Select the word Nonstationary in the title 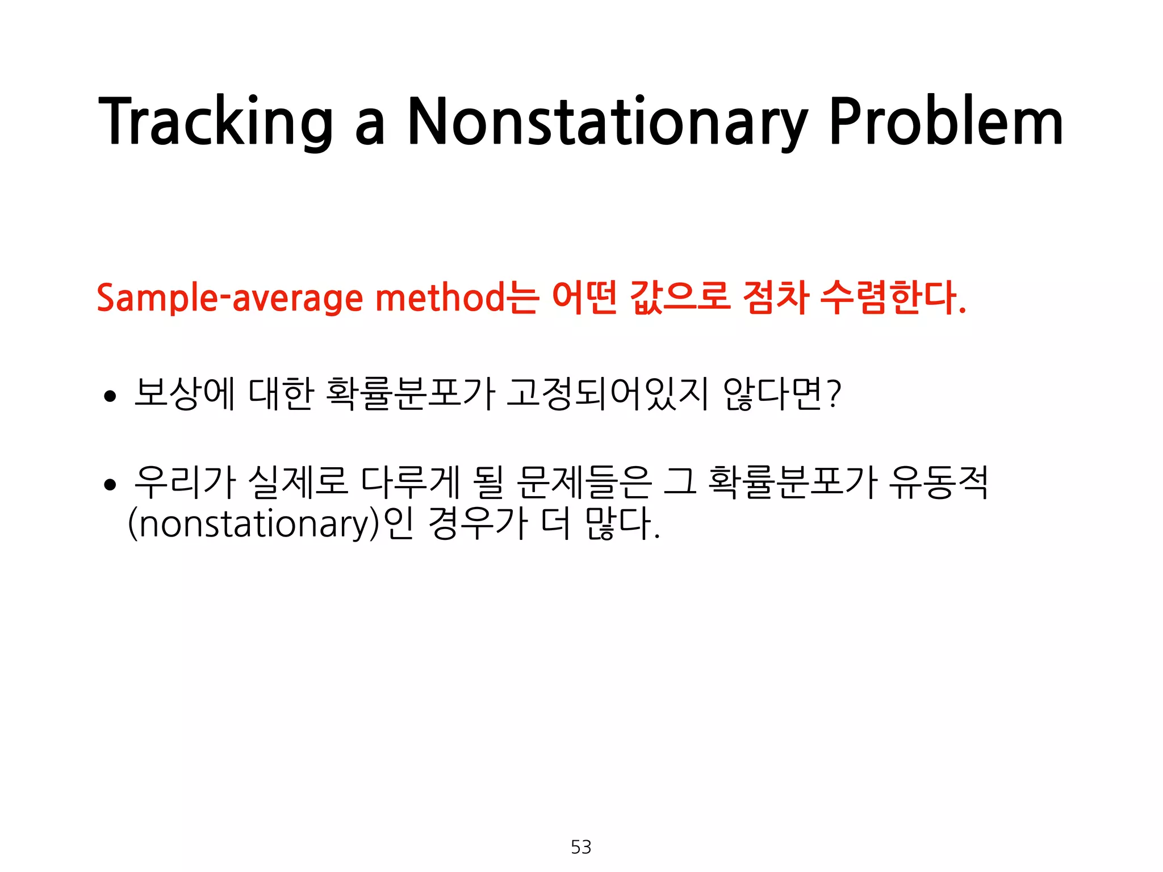coord(607,122)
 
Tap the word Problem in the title coord(946,122)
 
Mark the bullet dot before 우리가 coord(110,485)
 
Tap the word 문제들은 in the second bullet coord(584,482)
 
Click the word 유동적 coord(939,482)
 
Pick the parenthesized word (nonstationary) coord(253,523)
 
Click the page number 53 coord(581,847)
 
